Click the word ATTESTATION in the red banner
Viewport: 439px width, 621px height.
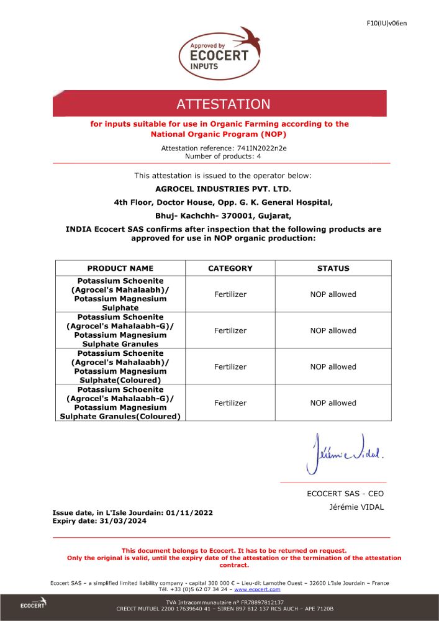tap(224, 104)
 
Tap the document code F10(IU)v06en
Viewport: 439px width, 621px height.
tap(386, 24)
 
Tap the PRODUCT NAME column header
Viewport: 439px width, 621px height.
tap(120, 268)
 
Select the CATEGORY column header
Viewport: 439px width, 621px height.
tap(230, 268)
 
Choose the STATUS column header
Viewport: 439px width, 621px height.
tap(333, 268)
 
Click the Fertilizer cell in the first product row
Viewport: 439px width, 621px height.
tap(230, 294)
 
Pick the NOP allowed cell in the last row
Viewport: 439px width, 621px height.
tap(333, 403)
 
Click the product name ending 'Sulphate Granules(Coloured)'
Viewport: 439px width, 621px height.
tap(120, 403)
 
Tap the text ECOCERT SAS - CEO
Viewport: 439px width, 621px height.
tap(345, 494)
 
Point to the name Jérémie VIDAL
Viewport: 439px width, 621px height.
tap(356, 507)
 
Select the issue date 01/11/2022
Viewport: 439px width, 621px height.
tap(189, 513)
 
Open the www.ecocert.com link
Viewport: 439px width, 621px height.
tap(257, 589)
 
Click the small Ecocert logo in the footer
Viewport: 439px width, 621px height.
tap(32, 605)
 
